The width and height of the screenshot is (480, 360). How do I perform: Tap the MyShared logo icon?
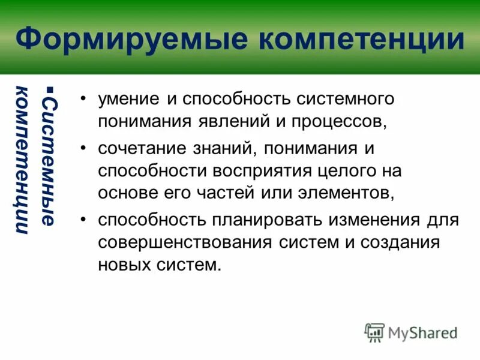[374, 332]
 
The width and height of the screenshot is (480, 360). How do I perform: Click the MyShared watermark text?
[422, 332]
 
